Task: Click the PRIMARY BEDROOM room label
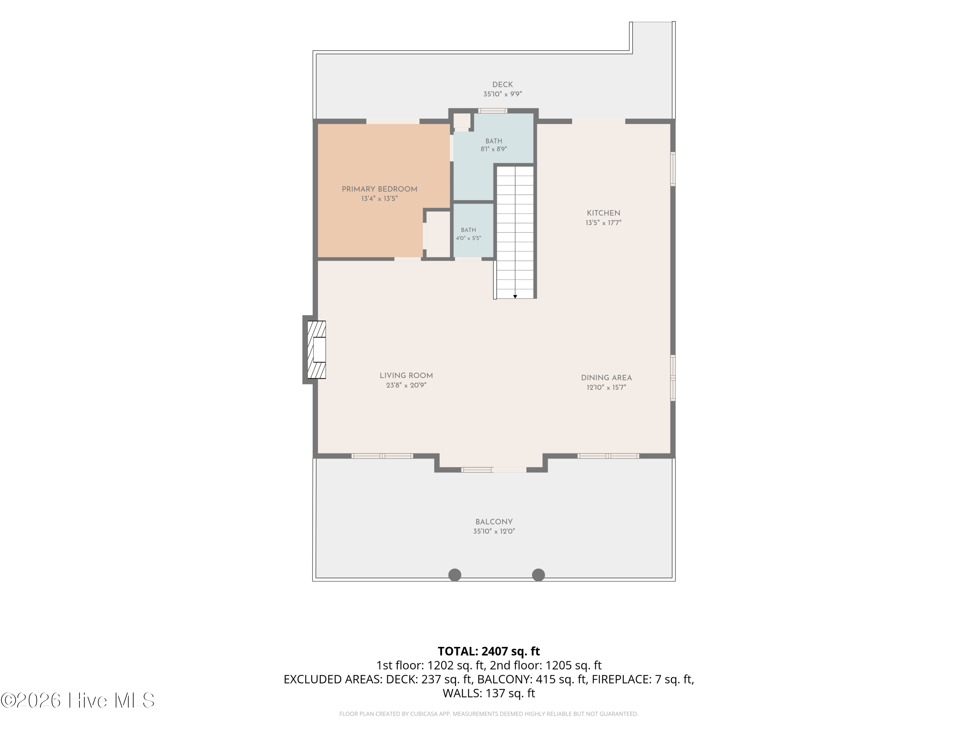tap(379, 189)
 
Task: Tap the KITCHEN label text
tap(603, 213)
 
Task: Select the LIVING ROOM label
tap(406, 375)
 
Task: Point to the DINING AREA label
tap(606, 378)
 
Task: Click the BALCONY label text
tap(494, 522)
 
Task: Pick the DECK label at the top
tap(503, 84)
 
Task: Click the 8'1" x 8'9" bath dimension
tap(494, 149)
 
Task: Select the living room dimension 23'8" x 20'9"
tap(406, 385)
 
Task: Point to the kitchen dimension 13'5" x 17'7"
tap(603, 222)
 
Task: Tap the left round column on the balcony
tap(454, 575)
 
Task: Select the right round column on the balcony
tap(538, 575)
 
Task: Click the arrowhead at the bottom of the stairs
tap(515, 297)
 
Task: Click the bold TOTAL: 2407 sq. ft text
tap(489, 651)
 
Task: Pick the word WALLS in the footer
tap(462, 693)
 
